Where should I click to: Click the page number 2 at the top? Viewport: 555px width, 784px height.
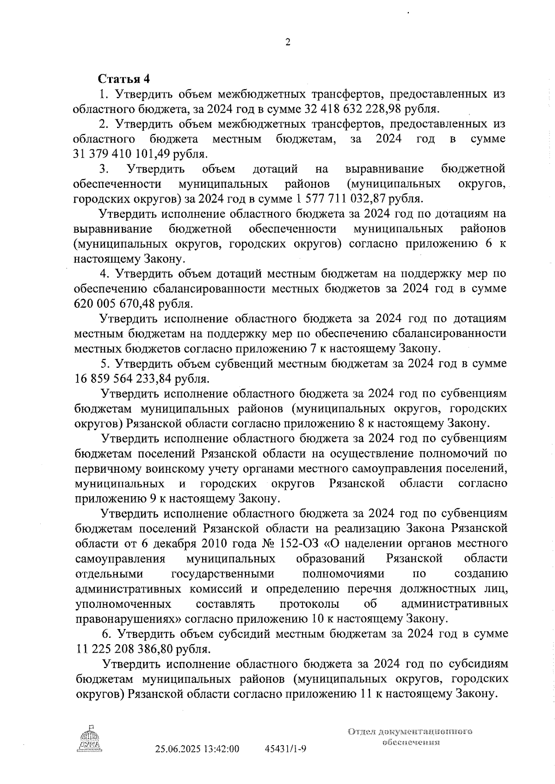tap(288, 43)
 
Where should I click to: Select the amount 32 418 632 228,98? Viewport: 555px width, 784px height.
tap(355, 109)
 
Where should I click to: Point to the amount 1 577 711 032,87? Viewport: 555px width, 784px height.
tap(340, 199)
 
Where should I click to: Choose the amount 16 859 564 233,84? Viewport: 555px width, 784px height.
tap(122, 379)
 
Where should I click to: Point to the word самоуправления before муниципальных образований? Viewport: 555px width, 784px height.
tap(120, 559)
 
